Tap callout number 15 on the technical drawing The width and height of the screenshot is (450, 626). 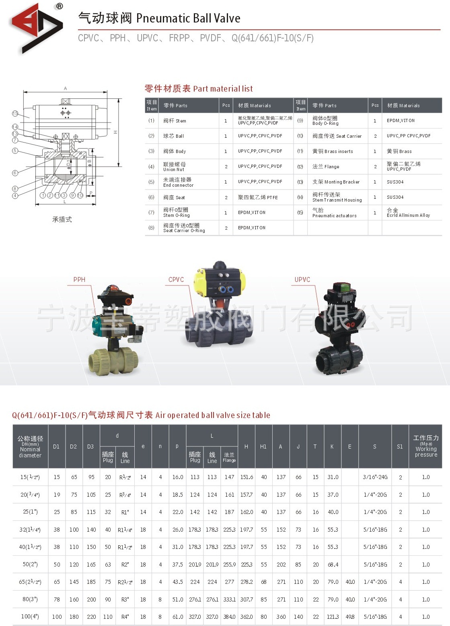tap(15, 114)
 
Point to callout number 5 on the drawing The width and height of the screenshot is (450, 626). tap(15, 151)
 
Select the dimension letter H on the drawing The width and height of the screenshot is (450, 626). tap(115, 132)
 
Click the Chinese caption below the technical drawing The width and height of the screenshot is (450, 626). tap(62, 219)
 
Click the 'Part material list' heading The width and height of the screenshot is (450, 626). tap(199, 89)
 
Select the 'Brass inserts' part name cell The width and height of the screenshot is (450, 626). tap(333, 151)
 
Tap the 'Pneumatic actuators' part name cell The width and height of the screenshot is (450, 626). tap(334, 213)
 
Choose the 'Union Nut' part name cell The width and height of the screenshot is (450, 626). tap(175, 167)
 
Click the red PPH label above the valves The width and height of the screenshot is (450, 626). tap(79, 279)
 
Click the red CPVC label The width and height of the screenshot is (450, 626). tap(176, 279)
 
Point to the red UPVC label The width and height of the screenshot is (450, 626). tap(302, 279)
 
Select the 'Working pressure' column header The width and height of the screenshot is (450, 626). tap(425, 446)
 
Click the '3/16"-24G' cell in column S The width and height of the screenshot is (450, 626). tap(375, 477)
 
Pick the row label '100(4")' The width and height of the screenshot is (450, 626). tap(30, 616)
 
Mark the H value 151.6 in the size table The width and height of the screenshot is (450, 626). tap(247, 477)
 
